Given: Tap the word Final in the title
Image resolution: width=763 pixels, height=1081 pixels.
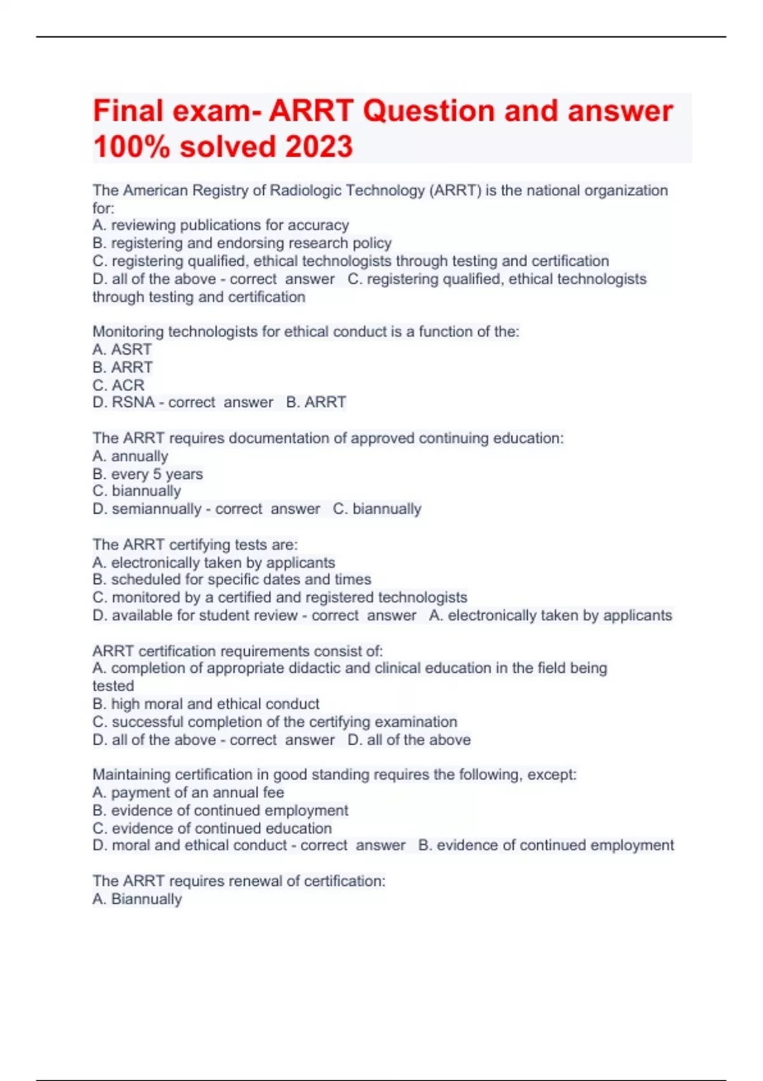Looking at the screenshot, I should [128, 111].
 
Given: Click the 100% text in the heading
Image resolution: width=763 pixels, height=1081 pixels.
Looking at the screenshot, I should [132, 146].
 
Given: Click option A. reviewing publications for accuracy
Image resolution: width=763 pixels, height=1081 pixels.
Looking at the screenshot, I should [221, 225].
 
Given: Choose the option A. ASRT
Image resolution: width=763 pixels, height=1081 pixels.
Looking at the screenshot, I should [122, 349].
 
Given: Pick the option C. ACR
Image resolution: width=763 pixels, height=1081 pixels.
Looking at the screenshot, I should [118, 385].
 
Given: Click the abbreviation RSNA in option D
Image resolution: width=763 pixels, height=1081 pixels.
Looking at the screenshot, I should [134, 402].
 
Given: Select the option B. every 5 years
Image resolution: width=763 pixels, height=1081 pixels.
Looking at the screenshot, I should [148, 474].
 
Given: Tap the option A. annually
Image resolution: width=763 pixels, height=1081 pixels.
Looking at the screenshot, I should [130, 456].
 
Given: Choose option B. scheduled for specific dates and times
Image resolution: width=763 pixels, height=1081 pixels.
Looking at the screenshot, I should [231, 579].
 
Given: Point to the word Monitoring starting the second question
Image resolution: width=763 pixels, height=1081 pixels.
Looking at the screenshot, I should [128, 331].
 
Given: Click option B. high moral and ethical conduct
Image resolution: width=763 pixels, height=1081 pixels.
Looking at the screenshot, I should [206, 704].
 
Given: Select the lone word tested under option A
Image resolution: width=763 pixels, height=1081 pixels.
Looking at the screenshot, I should [113, 686].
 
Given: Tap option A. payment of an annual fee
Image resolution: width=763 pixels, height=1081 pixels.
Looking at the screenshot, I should [188, 792].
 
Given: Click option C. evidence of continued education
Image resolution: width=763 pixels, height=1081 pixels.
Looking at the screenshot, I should [212, 828].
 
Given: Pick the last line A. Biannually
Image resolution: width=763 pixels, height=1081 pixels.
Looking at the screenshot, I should [137, 899].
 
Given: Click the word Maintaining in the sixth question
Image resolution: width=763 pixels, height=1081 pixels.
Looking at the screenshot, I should [132, 775].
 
